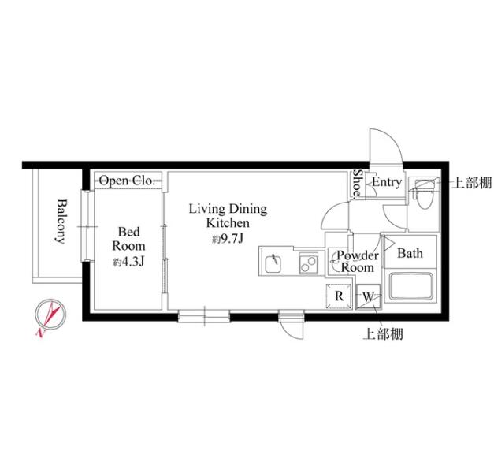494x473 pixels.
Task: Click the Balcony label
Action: (61, 221)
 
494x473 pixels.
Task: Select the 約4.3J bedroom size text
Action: (128, 262)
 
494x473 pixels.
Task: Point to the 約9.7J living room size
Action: (228, 239)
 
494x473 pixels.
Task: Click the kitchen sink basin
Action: (273, 263)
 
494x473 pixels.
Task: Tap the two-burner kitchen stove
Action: (308, 263)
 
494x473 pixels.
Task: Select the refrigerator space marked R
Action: (339, 296)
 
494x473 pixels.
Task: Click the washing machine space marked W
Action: (368, 297)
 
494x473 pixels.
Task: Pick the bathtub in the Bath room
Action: (410, 287)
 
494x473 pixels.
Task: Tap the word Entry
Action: (387, 182)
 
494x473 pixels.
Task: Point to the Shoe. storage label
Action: (357, 183)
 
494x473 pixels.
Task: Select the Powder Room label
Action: (357, 262)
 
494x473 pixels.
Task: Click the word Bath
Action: (410, 253)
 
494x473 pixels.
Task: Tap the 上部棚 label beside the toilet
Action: (472, 183)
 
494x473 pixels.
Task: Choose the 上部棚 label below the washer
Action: (383, 334)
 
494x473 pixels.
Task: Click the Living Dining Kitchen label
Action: (228, 216)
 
